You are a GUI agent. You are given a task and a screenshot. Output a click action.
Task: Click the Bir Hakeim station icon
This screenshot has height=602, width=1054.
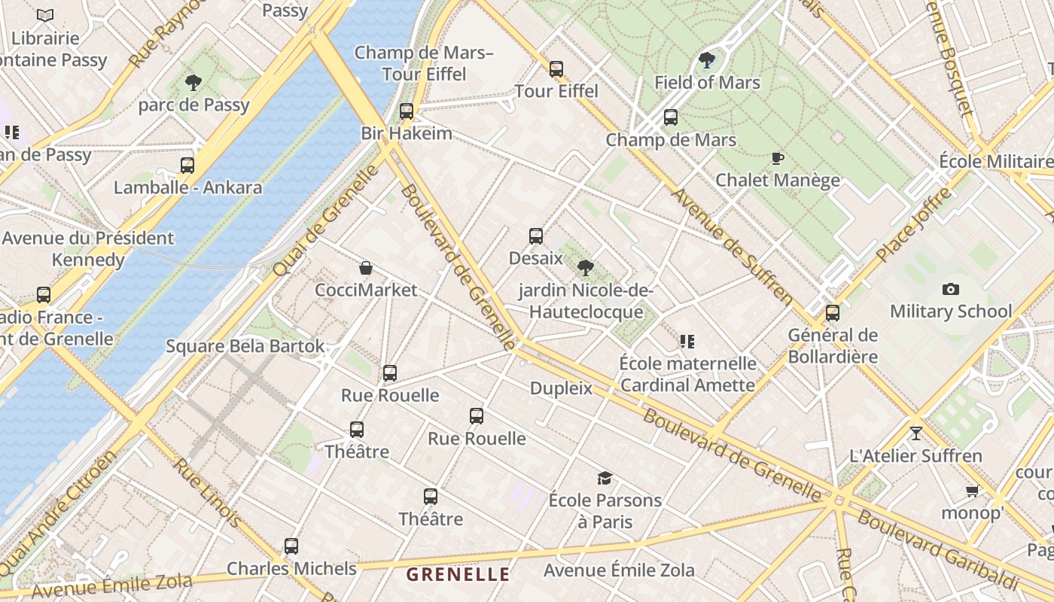point(407,111)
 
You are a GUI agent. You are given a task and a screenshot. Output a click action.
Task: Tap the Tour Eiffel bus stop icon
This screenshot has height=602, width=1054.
point(556,69)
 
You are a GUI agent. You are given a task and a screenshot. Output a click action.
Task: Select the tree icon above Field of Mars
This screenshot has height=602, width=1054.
point(706,60)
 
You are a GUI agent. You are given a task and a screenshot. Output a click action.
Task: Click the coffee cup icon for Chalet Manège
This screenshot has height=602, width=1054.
point(778,158)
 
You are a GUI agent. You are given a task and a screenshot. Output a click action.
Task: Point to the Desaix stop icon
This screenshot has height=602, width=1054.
point(536,236)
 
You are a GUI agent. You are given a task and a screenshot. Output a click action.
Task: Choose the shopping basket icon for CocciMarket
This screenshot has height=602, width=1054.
point(366,268)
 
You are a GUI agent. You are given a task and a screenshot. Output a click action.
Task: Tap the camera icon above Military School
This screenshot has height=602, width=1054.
point(951,289)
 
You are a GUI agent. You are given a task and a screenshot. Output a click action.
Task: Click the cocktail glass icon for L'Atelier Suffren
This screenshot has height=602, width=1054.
point(915,433)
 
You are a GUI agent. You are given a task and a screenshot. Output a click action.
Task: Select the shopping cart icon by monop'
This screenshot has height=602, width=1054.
point(972,491)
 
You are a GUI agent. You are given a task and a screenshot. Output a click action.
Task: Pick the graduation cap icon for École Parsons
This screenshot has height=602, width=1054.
point(605,478)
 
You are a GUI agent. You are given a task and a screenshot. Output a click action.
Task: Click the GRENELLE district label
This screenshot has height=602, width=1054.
point(458,574)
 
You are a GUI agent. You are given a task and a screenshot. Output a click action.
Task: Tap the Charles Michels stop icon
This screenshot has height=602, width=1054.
point(291,546)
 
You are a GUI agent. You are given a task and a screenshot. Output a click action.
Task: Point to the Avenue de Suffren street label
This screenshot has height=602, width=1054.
point(733,246)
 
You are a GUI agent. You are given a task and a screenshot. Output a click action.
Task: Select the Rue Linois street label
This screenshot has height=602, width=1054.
point(209,493)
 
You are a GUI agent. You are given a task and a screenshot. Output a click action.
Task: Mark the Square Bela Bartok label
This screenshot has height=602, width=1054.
point(245,346)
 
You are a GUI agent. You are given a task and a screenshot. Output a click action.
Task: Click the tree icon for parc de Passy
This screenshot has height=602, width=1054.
point(193,83)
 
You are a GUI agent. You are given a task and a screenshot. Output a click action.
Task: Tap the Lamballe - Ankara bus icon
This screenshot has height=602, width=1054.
point(187,165)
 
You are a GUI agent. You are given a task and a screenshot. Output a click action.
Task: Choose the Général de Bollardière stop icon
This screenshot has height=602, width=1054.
point(833,312)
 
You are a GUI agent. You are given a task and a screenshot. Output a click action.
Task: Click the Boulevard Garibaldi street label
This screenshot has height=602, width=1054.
point(937,549)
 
